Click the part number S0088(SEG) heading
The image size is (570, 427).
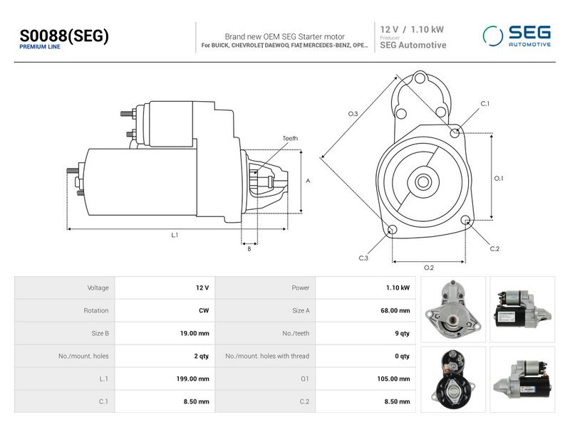[x=64, y=36]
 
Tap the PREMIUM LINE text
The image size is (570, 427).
[x=40, y=47]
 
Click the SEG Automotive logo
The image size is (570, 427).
[x=517, y=36]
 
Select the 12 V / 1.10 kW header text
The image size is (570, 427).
[x=412, y=29]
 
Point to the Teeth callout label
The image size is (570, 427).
[x=290, y=138]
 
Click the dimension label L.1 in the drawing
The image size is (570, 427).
[x=175, y=235]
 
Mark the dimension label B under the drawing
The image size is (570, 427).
[x=249, y=248]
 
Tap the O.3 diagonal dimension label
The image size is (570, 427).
[x=353, y=114]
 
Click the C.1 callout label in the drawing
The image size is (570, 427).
[x=485, y=103]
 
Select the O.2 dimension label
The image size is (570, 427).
[x=429, y=268]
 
